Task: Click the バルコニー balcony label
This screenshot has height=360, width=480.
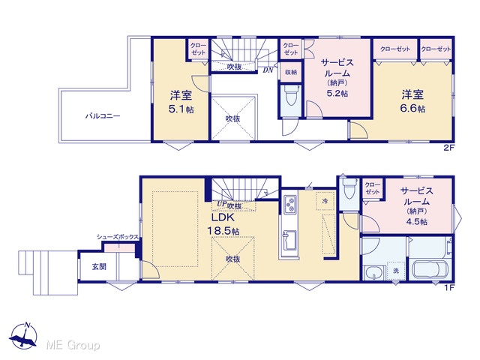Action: (103, 116)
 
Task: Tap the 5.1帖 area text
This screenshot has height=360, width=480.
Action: (181, 109)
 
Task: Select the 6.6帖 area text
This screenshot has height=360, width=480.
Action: (412, 108)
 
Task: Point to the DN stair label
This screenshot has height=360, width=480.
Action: (268, 70)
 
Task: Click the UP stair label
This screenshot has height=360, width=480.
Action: (221, 204)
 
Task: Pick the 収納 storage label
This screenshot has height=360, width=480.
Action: (291, 72)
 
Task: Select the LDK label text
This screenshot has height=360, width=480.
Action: (223, 217)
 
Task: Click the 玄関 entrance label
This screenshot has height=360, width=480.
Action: (99, 267)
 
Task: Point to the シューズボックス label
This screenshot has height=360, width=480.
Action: (118, 237)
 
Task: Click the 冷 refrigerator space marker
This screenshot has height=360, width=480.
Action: (325, 201)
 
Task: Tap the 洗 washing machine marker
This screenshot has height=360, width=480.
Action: (396, 271)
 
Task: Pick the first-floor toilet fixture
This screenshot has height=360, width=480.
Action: (349, 189)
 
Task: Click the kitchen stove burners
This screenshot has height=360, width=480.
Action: (290, 204)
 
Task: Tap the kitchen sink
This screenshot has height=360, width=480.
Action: (289, 240)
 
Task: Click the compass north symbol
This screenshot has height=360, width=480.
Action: (23, 335)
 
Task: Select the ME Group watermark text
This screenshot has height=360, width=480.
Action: (73, 345)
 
